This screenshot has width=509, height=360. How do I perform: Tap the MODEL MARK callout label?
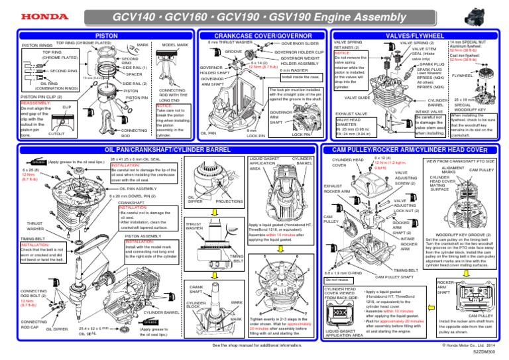pyautogui.click(x=176, y=45)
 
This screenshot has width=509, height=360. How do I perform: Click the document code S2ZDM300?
pyautogui.click(x=488, y=353)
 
